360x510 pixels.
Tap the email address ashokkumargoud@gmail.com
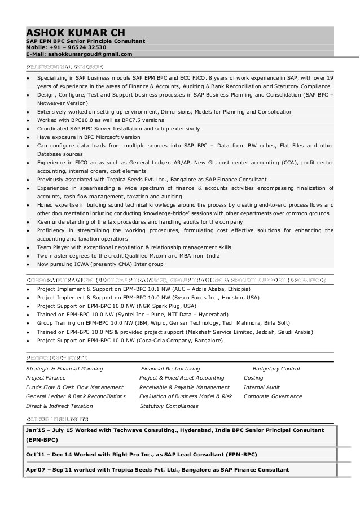click(90, 54)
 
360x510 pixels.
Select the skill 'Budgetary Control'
click(276, 369)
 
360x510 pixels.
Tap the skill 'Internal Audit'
click(261, 387)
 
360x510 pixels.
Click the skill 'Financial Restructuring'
click(170, 369)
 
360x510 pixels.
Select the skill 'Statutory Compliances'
click(169, 406)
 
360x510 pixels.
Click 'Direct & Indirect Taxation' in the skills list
click(59, 406)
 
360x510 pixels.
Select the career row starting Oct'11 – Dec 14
click(141, 454)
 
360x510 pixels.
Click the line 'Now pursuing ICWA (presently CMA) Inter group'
click(100, 264)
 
